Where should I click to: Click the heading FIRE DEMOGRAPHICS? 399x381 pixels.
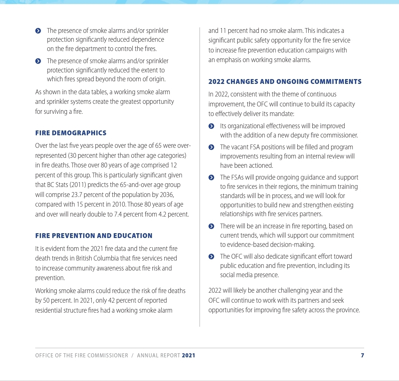pyautogui.click(x=71, y=133)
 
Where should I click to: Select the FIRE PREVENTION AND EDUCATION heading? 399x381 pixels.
pyautogui.click(x=94, y=236)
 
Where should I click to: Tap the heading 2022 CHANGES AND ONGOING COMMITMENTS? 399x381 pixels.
pyautogui.click(x=285, y=82)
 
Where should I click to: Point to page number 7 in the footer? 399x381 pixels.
pyautogui.click(x=362, y=356)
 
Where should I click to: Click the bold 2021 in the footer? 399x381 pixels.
pyautogui.click(x=189, y=356)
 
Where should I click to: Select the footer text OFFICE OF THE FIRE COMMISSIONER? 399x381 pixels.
pyautogui.click(x=81, y=356)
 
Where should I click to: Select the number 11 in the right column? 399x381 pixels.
pyautogui.click(x=223, y=31)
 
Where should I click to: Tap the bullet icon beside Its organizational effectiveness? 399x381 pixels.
pyautogui.click(x=212, y=126)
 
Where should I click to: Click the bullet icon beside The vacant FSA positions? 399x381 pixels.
pyautogui.click(x=212, y=147)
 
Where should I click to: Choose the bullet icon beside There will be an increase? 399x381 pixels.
pyautogui.click(x=212, y=226)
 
